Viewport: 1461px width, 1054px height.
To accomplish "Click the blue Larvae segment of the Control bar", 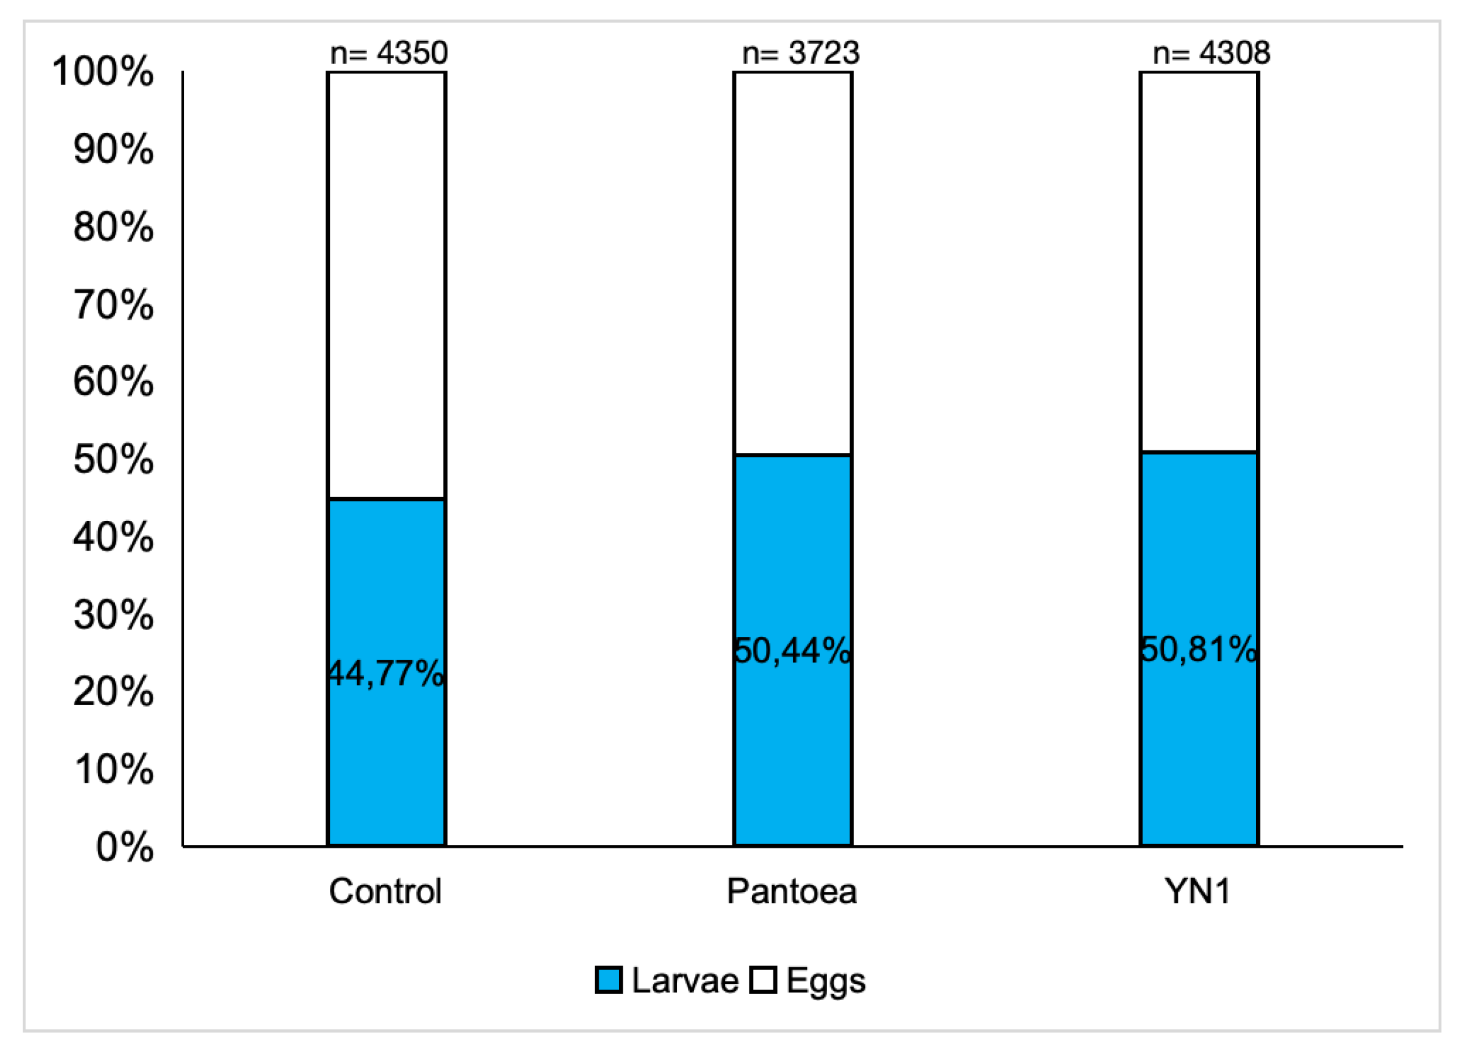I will point(387,760).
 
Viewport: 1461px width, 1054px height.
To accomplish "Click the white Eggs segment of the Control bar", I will point(387,283).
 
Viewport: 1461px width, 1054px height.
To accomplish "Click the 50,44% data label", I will point(792,651).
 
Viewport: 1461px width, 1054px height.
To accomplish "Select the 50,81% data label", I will point(1199,650).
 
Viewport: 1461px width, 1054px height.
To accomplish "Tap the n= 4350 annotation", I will point(389,53).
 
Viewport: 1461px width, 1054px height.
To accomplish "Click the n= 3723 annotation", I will point(801,53).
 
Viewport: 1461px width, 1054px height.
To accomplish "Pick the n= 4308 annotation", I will point(1211,53).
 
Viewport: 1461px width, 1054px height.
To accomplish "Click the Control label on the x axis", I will point(385,893).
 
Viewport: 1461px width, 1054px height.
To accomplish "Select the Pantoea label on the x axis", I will point(792,893).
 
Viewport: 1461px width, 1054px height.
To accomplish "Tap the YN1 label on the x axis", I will point(1198,893).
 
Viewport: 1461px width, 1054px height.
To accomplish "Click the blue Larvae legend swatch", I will point(608,981).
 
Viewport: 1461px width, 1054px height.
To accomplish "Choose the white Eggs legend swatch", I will point(763,981).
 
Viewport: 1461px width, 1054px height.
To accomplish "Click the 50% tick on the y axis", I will point(114,459).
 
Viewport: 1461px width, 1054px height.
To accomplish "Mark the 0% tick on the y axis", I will point(125,847).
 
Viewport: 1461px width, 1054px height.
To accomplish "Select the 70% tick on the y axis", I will point(114,304).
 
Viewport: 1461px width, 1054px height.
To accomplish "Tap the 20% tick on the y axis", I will point(114,692).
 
